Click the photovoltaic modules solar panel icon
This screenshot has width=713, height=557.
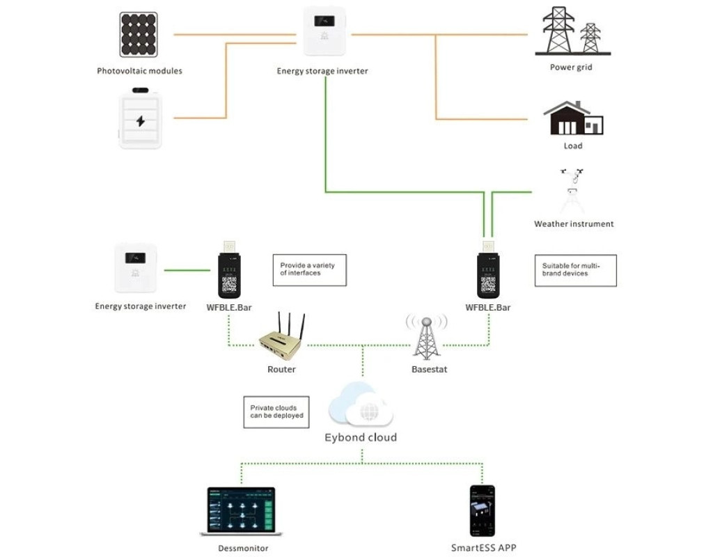tap(141, 35)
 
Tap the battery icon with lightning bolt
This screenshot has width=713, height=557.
tap(141, 118)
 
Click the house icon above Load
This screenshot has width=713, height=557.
tap(572, 118)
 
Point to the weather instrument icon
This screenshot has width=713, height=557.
tap(572, 191)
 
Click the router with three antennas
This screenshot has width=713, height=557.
tap(281, 340)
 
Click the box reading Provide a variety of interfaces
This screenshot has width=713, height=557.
tap(309, 269)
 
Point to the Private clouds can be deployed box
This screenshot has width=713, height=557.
tap(276, 411)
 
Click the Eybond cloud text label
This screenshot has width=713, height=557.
tap(361, 438)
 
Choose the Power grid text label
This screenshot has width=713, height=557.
tap(571, 68)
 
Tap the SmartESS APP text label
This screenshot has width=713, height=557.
tap(483, 548)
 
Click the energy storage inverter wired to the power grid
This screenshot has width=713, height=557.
tap(324, 31)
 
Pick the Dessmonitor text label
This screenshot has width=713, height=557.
tap(243, 548)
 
